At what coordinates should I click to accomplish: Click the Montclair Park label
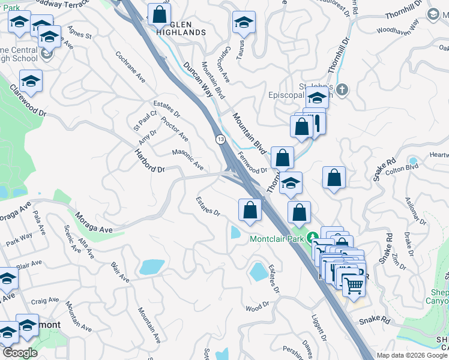[x=277, y=239]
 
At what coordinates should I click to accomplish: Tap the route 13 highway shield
[x=221, y=139]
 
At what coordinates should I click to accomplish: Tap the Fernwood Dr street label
[x=252, y=162]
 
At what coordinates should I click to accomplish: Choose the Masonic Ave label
[x=188, y=159]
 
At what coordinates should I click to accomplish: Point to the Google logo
[x=20, y=352]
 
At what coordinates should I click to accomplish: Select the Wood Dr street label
[x=258, y=307]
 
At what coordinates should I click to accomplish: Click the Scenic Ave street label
[x=71, y=238]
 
